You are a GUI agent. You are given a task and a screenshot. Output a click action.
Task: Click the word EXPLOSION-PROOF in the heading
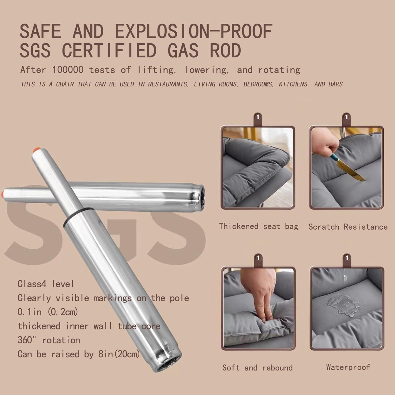point(194,31)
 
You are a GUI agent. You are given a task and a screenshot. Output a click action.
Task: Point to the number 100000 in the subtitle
point(68,70)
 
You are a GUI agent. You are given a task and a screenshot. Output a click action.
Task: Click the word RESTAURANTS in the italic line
point(168,84)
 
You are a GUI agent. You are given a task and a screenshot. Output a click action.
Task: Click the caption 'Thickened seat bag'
point(259,226)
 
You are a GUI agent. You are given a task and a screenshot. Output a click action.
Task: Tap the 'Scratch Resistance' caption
point(348,227)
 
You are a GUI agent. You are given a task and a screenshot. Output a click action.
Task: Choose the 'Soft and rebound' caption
point(257,368)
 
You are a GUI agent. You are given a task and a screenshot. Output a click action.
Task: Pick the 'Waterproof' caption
point(348,367)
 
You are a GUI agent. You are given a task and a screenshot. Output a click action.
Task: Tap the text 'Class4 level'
point(46,284)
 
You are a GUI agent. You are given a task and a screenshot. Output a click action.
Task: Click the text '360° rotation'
point(49,340)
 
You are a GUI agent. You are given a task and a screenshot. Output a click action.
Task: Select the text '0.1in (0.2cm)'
point(48,312)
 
